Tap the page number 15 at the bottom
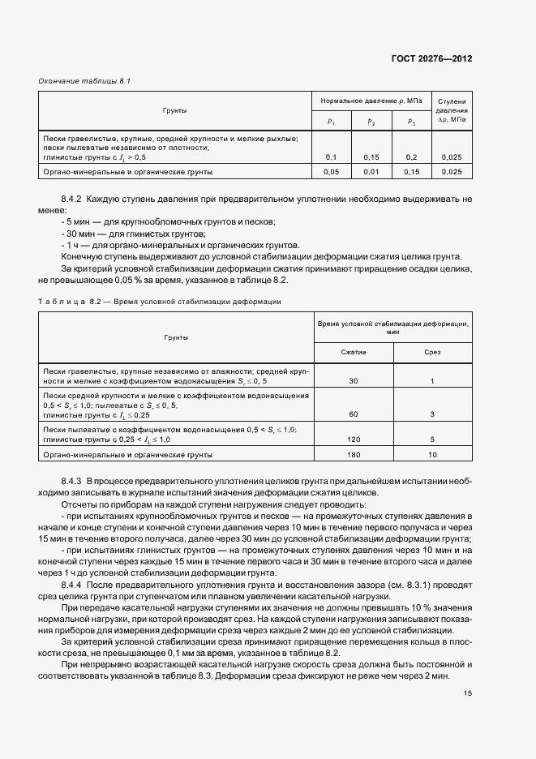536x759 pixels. coord(468,693)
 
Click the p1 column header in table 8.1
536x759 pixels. coord(331,122)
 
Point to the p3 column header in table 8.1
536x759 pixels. coord(412,122)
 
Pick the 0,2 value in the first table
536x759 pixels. coord(412,157)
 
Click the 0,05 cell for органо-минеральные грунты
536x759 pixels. coord(331,172)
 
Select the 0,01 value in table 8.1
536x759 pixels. coord(371,172)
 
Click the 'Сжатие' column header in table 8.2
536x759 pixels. coord(354,353)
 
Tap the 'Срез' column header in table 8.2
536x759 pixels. coord(432,353)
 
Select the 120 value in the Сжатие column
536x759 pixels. coord(354,439)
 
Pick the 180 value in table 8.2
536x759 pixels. coord(354,455)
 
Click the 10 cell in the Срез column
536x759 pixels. coord(432,455)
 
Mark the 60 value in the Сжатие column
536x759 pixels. coord(354,414)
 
